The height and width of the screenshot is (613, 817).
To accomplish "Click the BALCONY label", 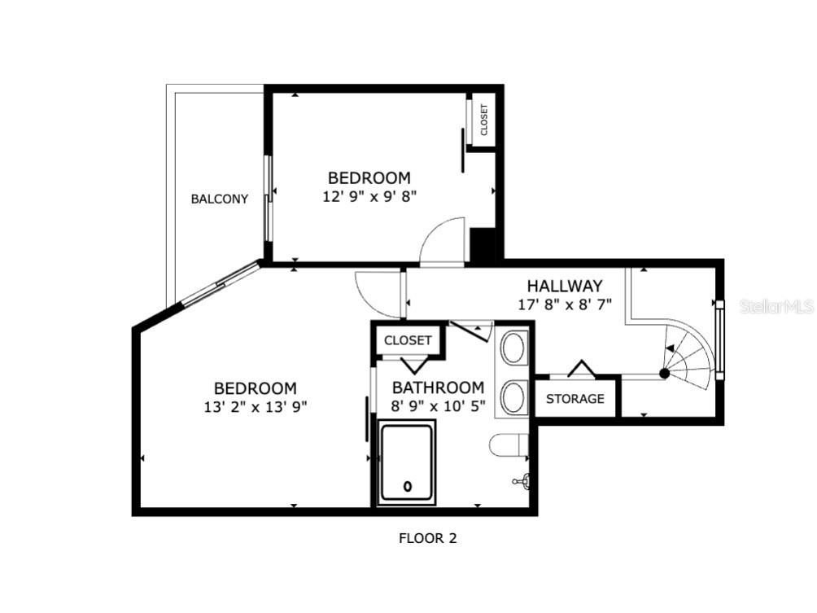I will (x=219, y=199).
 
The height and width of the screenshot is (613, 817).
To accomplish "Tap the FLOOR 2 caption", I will (x=432, y=538).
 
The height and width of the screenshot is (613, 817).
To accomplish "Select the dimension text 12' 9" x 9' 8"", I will (x=369, y=195).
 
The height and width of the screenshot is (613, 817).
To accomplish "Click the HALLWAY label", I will (x=564, y=286).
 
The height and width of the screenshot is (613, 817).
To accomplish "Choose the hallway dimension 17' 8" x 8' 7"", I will (x=564, y=304).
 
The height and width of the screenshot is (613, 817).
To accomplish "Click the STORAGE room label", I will (x=575, y=399).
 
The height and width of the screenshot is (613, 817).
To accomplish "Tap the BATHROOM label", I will (x=438, y=388).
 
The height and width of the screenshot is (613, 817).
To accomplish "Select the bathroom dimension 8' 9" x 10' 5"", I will (x=438, y=405).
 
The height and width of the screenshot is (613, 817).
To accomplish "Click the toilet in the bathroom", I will (x=508, y=446).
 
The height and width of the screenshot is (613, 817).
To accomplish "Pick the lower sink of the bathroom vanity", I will (x=513, y=397).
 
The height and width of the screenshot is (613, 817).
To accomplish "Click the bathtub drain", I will (x=407, y=487).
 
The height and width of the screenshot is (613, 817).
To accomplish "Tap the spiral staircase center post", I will (x=664, y=374).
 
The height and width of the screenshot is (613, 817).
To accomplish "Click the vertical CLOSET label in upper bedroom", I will (x=484, y=120).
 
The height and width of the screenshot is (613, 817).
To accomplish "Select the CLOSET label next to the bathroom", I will (x=408, y=340).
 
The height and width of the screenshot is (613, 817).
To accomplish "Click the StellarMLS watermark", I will (x=776, y=307).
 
